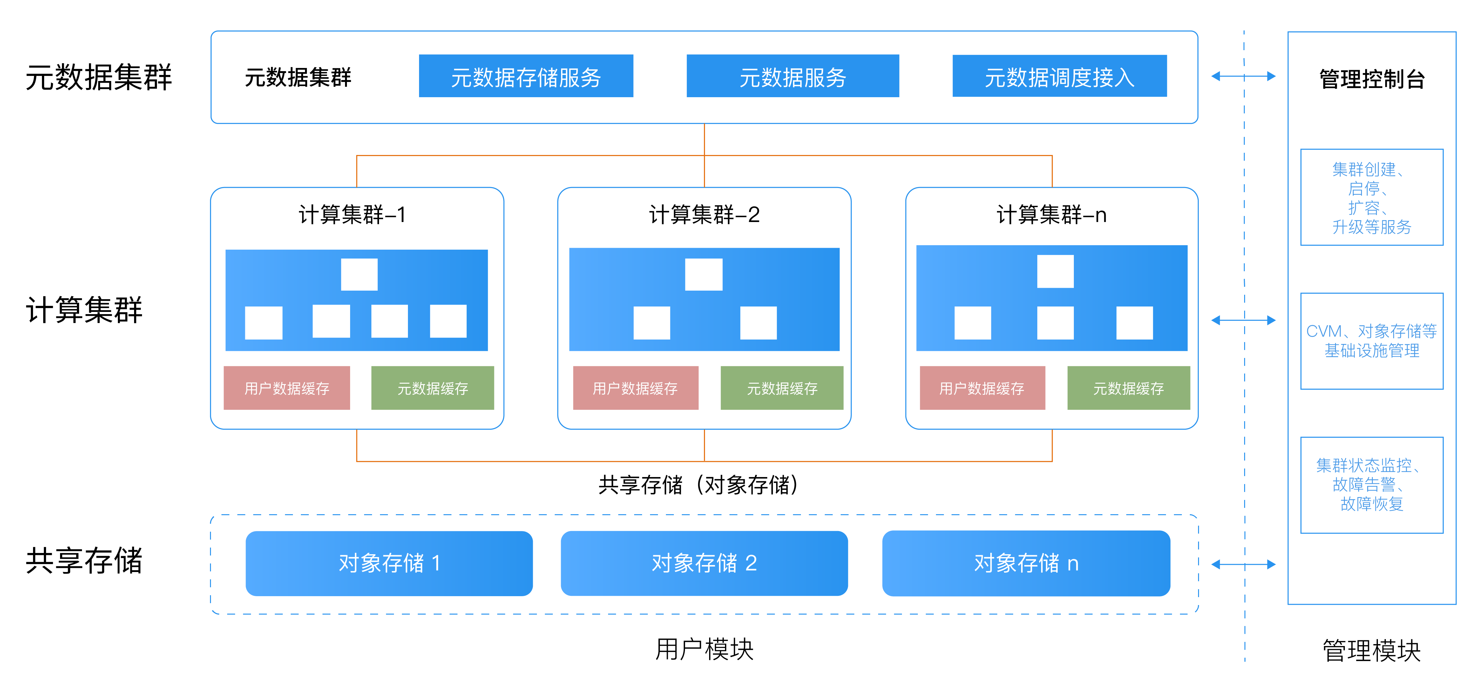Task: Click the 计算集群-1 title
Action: (353, 215)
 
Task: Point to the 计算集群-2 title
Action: (704, 215)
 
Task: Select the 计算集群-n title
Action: (1051, 215)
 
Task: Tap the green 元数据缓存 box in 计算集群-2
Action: (782, 388)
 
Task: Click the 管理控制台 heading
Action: (1372, 79)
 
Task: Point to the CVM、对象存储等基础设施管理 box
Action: (1372, 341)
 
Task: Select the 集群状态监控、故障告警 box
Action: (1372, 485)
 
